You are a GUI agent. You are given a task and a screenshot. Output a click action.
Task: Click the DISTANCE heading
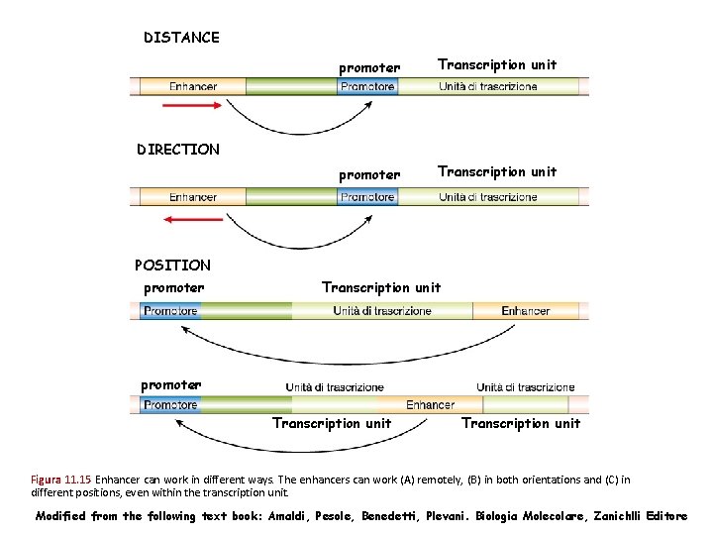pyautogui.click(x=181, y=38)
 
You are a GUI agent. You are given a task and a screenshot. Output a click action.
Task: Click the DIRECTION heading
pyautogui.click(x=178, y=150)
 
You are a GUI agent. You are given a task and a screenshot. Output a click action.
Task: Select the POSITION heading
pyautogui.click(x=172, y=265)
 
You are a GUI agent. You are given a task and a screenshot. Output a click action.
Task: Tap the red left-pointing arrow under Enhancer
pyautogui.click(x=193, y=218)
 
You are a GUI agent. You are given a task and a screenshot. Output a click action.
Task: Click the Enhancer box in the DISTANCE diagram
pyautogui.click(x=193, y=86)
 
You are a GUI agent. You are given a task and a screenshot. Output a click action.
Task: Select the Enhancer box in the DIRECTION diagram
pyautogui.click(x=193, y=196)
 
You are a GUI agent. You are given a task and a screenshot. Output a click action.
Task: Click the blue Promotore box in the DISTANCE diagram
pyautogui.click(x=367, y=86)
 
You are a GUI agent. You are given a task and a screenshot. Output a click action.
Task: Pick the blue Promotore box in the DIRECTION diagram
pyautogui.click(x=367, y=196)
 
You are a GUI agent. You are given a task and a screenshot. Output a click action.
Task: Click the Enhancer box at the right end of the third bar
pyautogui.click(x=525, y=311)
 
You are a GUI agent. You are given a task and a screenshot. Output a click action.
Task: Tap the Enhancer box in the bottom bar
pyautogui.click(x=430, y=404)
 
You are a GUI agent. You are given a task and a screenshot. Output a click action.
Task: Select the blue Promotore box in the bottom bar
pyautogui.click(x=171, y=404)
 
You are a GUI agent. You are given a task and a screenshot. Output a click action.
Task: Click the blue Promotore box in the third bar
pyautogui.click(x=171, y=311)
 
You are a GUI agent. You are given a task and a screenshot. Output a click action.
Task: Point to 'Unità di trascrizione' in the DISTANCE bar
pyautogui.click(x=488, y=86)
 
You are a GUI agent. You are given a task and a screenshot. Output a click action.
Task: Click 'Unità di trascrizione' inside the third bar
pyautogui.click(x=382, y=311)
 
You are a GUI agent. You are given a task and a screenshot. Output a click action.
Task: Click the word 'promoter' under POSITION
pyautogui.click(x=174, y=288)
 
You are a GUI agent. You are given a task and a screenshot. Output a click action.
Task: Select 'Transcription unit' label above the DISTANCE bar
pyautogui.click(x=497, y=64)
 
